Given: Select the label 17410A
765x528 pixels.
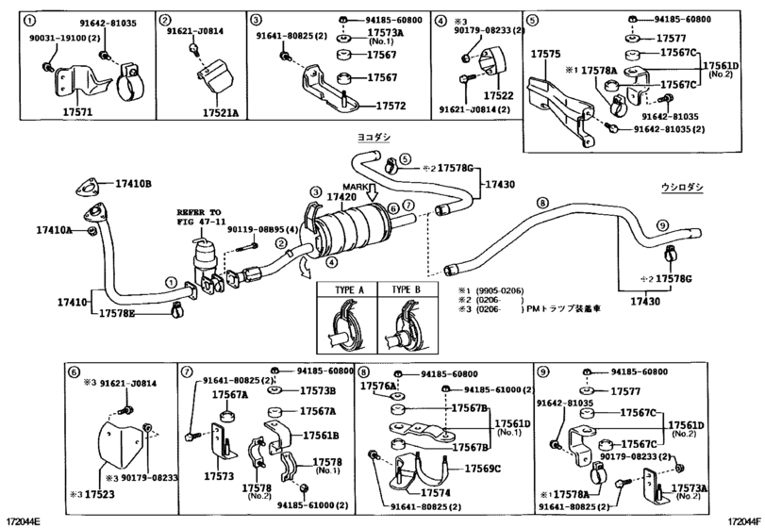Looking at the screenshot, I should pos(54,229).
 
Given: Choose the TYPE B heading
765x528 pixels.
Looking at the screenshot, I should pos(406,289).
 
